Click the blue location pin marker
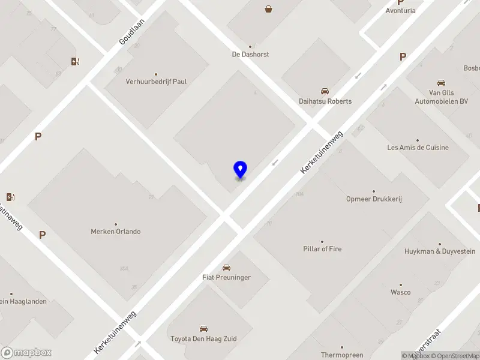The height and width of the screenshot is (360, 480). (240, 169)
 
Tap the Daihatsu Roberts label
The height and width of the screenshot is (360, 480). (325, 101)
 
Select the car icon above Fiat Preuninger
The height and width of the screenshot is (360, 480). (226, 268)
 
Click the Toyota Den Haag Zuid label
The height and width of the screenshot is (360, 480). (203, 339)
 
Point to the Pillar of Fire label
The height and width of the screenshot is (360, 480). (322, 248)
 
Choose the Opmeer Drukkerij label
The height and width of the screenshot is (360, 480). (374, 199)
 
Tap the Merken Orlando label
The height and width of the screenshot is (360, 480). (116, 231)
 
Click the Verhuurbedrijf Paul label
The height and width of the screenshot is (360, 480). (156, 81)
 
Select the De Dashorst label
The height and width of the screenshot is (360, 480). (250, 54)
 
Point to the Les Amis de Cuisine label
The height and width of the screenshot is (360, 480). (418, 148)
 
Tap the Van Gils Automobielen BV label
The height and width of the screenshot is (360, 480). (441, 97)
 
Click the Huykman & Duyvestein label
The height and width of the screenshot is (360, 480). (440, 251)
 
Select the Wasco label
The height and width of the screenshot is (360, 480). (400, 292)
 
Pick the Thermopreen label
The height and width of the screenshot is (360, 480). (342, 355)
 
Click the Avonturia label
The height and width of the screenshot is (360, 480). (401, 11)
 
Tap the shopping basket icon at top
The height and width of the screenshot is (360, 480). (268, 8)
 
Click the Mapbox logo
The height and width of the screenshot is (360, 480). (26, 353)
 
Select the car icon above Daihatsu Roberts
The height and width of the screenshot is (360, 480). (325, 91)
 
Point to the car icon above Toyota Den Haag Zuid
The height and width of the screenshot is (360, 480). (203, 329)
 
